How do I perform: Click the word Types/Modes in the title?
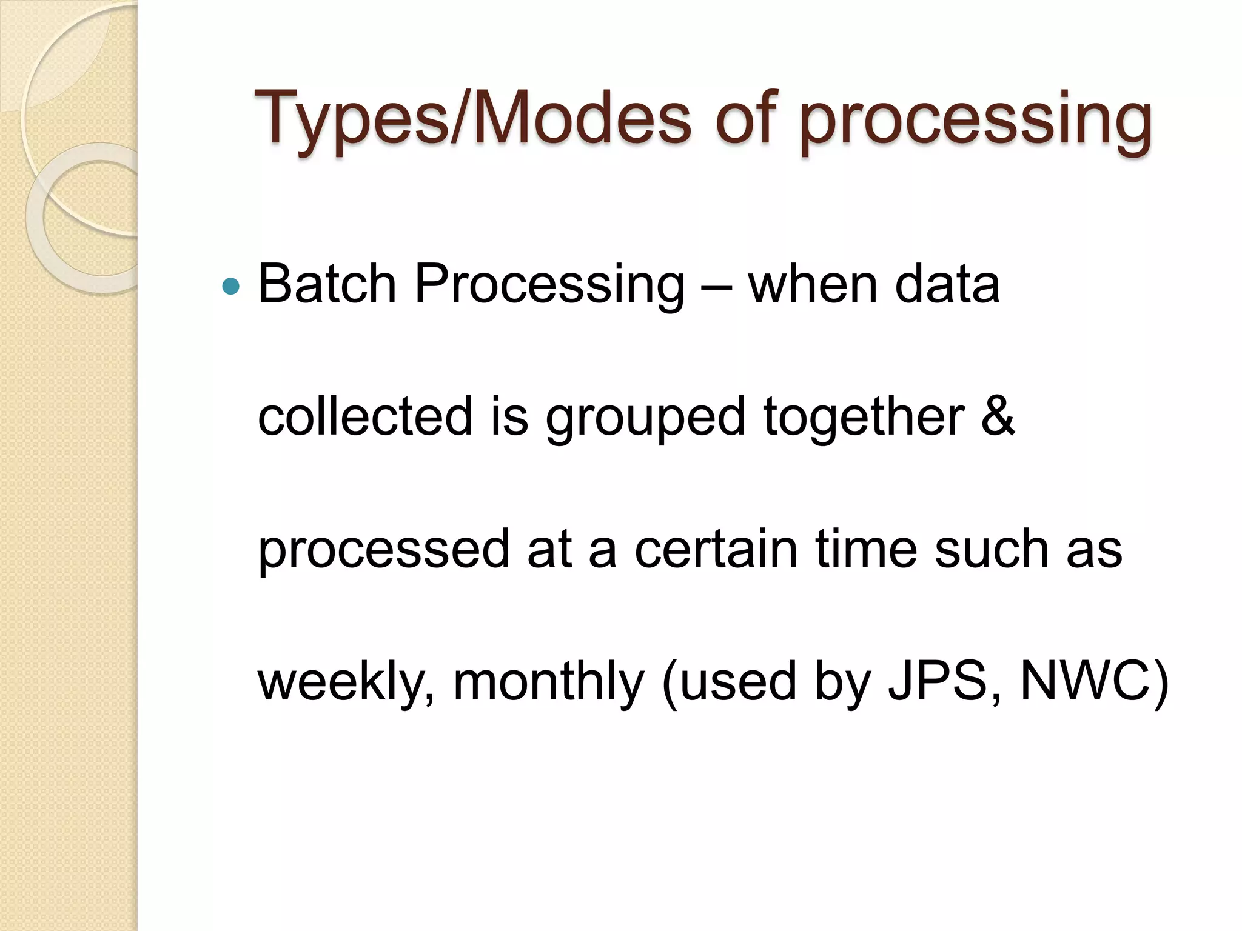473,119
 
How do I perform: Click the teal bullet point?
231,285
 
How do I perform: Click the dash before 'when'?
716,285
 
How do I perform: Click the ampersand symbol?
998,416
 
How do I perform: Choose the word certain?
716,549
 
